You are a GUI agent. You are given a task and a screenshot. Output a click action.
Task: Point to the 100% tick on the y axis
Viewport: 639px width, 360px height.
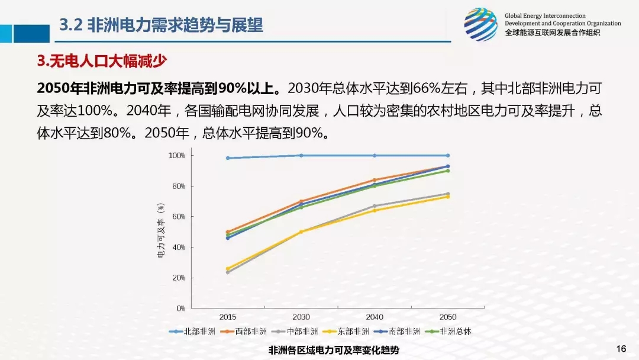[177, 156]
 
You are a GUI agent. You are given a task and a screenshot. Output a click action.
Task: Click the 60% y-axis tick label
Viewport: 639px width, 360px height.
[179, 217]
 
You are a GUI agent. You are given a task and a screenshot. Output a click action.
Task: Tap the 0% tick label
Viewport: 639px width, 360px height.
[180, 308]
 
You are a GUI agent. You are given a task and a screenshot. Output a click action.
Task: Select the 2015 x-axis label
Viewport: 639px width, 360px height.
[228, 317]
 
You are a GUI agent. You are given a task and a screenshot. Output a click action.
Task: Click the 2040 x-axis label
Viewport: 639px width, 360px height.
[375, 317]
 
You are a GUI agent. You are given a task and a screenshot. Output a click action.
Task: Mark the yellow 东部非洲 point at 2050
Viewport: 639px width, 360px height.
[448, 197]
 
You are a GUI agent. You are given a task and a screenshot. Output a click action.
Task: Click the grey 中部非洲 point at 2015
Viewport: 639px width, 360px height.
[228, 272]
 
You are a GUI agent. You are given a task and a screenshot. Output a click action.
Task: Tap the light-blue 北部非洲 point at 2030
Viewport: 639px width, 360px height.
[301, 156]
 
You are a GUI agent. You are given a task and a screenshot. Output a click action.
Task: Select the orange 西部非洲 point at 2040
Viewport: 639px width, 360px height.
[375, 180]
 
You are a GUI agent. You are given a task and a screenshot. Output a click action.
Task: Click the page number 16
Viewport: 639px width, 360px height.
[621, 348]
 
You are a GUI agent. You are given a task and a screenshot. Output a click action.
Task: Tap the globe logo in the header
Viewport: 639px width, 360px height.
[480, 24]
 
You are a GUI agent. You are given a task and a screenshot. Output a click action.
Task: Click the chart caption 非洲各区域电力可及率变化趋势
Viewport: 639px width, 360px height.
[334, 350]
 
